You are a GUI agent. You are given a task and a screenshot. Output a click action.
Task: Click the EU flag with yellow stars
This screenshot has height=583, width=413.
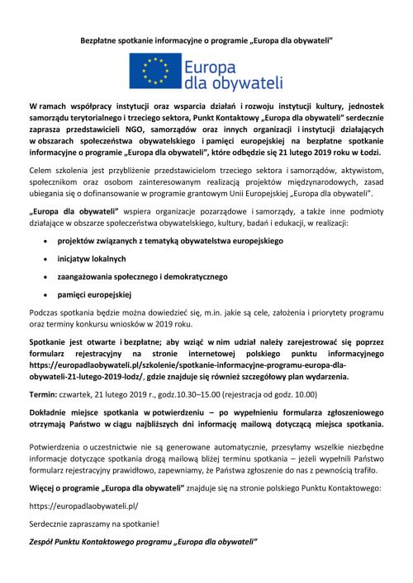click(157, 71)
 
